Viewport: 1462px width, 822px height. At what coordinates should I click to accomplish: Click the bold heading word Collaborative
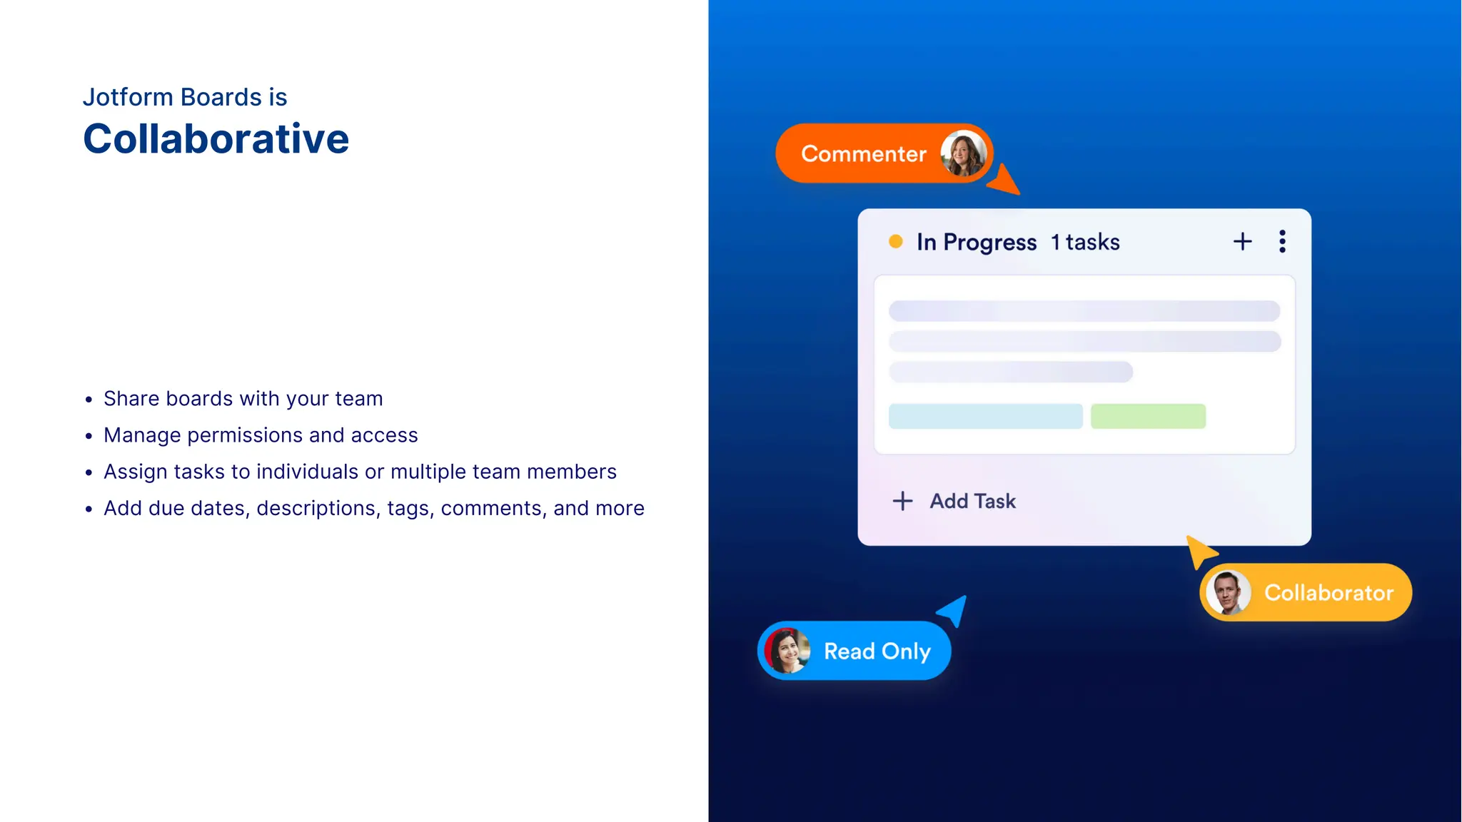(216, 138)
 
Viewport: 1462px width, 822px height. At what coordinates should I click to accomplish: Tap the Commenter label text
(863, 153)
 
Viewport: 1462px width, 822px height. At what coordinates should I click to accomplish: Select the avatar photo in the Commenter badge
(963, 153)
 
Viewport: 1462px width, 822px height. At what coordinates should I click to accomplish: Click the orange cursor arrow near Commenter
(1004, 181)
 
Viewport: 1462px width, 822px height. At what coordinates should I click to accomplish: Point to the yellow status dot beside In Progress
(895, 242)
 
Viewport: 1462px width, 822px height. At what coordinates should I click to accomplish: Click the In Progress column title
(976, 242)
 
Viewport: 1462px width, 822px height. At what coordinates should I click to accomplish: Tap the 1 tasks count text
(1085, 242)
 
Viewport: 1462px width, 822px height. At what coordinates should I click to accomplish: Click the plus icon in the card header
(1242, 242)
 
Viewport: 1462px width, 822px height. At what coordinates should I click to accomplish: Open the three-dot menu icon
(1282, 242)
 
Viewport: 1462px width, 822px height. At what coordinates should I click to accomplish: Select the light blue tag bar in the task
(985, 416)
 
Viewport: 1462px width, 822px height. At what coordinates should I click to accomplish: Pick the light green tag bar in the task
(1148, 416)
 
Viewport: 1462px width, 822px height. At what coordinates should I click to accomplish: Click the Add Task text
(972, 501)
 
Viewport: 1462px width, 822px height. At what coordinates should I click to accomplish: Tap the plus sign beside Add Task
(902, 501)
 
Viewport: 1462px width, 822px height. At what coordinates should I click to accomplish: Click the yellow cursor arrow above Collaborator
(1200, 552)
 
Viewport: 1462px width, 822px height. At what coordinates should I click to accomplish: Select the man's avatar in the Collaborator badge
(1228, 592)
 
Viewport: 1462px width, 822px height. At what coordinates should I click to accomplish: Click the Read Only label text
(877, 651)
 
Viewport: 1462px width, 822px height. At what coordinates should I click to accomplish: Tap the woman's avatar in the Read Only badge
(787, 651)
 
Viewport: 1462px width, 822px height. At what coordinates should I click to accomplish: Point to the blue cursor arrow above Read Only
(954, 610)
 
